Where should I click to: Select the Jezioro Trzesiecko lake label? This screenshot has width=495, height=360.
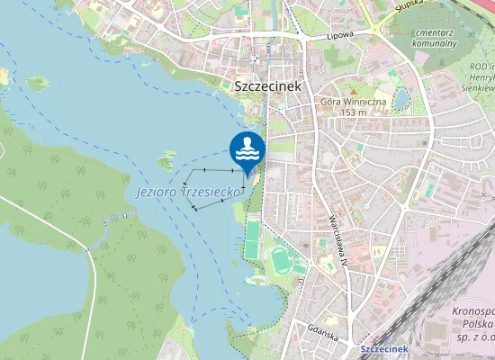pyautogui.click(x=186, y=193)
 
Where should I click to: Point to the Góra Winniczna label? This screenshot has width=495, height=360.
pyautogui.click(x=353, y=102)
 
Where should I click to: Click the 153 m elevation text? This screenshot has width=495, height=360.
pyautogui.click(x=353, y=112)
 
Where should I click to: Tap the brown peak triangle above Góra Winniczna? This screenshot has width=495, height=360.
pyautogui.click(x=355, y=91)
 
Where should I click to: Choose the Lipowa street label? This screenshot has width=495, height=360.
pyautogui.click(x=339, y=35)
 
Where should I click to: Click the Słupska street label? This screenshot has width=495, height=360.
pyautogui.click(x=410, y=6)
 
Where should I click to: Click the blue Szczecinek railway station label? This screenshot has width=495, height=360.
pyautogui.click(x=384, y=348)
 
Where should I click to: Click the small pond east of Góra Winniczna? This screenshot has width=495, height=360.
pyautogui.click(x=400, y=98)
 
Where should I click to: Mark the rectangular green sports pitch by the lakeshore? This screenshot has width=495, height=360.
pyautogui.click(x=254, y=236)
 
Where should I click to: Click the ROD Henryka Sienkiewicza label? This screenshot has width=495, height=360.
pyautogui.click(x=482, y=77)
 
